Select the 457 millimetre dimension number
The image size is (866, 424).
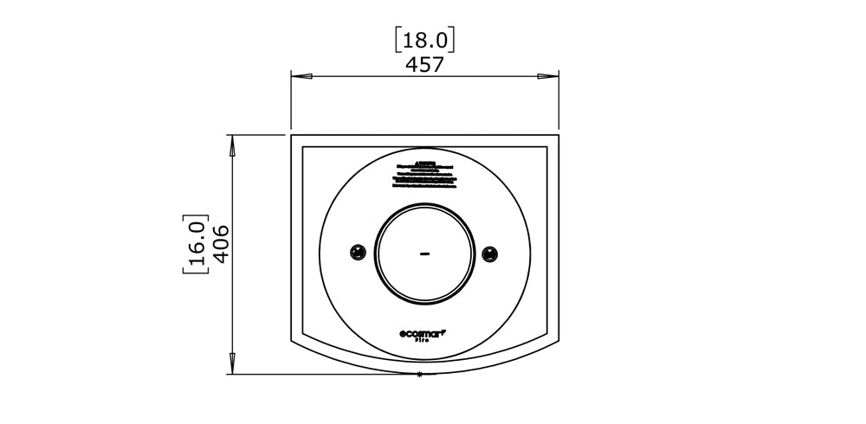[424, 65]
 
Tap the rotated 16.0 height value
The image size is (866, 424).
[196, 244]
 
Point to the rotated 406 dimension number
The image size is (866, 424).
[218, 244]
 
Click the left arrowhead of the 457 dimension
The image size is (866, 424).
[301, 77]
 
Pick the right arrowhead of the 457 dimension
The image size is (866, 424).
[547, 77]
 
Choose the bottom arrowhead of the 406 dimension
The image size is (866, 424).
[232, 363]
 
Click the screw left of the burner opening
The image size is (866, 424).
[356, 253]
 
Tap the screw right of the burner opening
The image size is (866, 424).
[491, 254]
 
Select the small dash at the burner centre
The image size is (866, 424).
[424, 254]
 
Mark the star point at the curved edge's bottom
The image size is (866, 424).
[420, 374]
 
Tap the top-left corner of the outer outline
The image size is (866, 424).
[291, 135]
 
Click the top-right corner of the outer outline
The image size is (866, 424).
[559, 135]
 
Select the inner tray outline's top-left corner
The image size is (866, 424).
[301, 147]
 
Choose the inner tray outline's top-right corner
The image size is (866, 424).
[548, 147]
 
